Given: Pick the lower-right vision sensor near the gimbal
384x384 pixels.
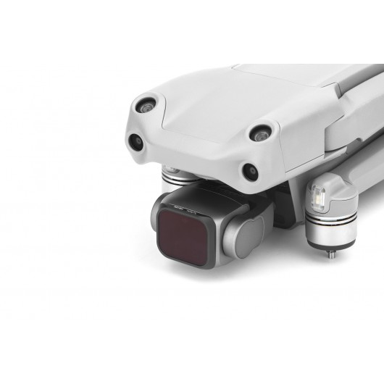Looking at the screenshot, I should [249, 171].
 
